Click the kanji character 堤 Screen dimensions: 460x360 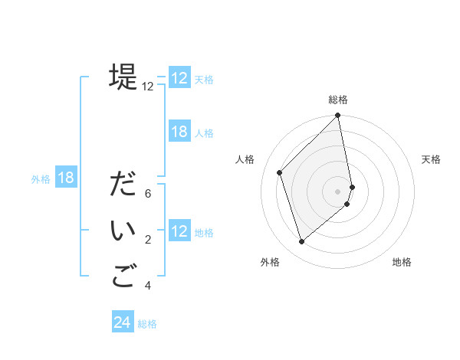tap(123, 77)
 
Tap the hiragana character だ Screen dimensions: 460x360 tap(123, 185)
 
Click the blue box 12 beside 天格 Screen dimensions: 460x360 tap(179, 78)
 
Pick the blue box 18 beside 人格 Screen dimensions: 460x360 tap(179, 132)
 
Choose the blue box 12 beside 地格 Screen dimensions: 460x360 tap(179, 231)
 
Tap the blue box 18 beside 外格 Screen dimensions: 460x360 tap(66, 178)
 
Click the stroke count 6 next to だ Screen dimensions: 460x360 tap(148, 194)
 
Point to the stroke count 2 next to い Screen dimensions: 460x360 tap(148, 240)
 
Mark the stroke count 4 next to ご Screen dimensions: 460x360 tap(148, 286)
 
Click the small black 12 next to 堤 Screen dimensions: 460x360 tap(148, 87)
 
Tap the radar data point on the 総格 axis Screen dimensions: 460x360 tap(338, 116)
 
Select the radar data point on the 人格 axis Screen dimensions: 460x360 tap(280, 172)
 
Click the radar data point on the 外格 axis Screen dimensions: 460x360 tap(302, 242)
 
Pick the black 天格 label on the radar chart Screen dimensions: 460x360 tap(431, 159)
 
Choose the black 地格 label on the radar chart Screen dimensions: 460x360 tap(402, 262)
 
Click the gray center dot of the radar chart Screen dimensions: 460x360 tap(338, 191)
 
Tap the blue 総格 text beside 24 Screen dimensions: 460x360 tap(147, 324)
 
